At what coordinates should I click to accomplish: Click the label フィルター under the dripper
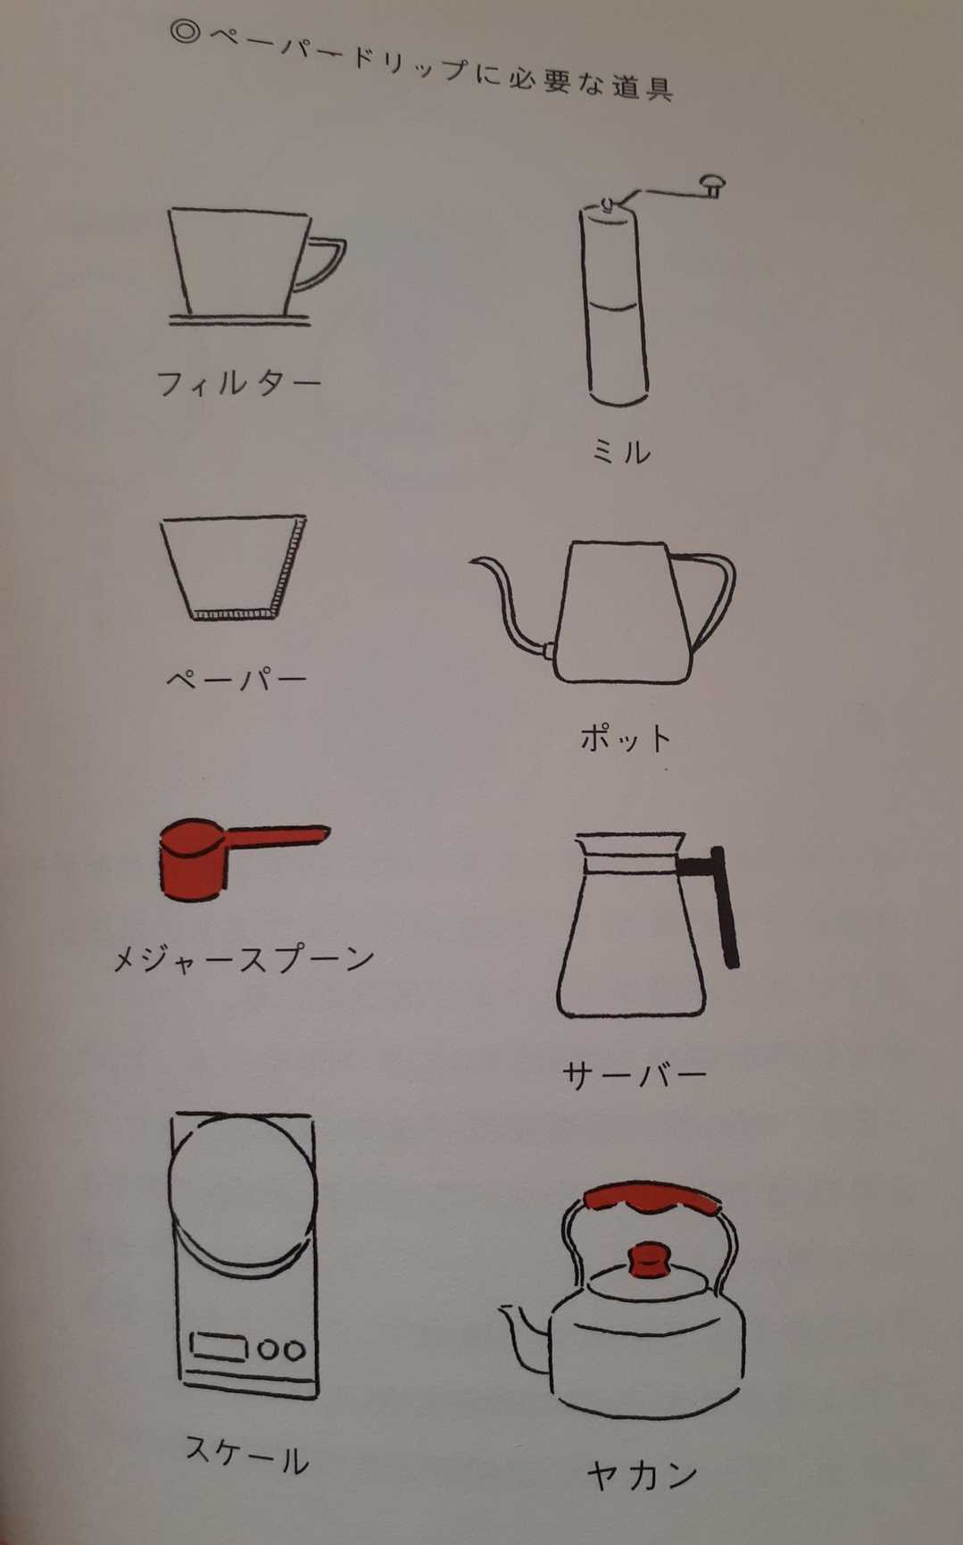click(238, 383)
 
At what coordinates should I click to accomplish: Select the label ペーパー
click(237, 679)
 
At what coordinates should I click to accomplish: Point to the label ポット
click(625, 738)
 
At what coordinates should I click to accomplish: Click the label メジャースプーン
click(243, 958)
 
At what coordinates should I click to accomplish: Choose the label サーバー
click(635, 1073)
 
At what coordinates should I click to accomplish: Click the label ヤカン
click(642, 1474)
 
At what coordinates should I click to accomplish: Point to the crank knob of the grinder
click(712, 185)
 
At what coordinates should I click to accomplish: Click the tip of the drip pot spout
click(471, 563)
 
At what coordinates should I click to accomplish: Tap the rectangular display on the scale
click(219, 1346)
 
